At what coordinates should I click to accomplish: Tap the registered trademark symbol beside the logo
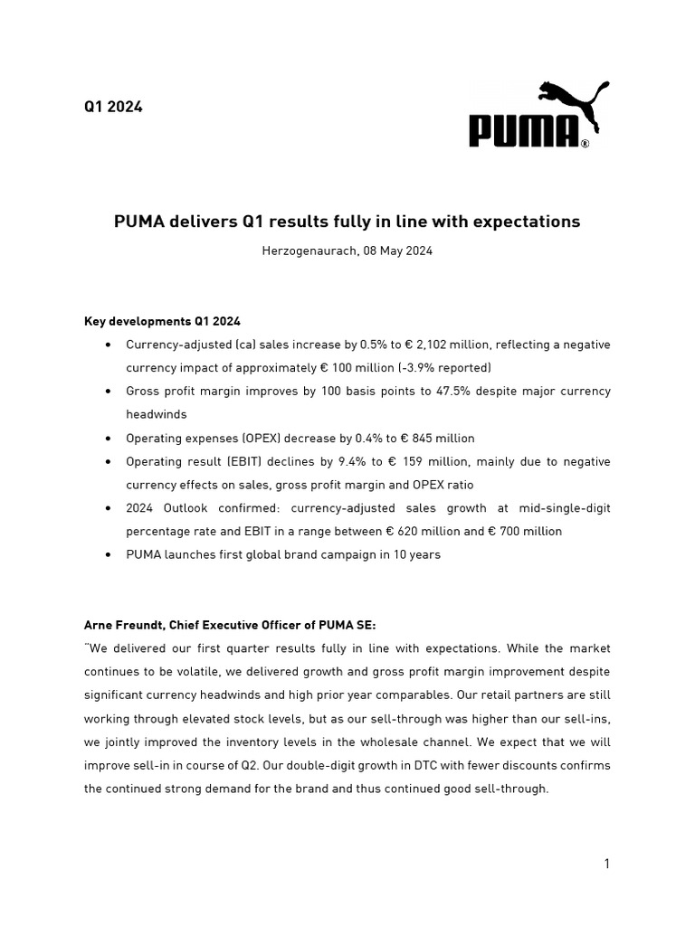point(585,143)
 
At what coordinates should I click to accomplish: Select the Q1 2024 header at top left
point(113,107)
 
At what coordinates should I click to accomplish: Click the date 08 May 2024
point(397,250)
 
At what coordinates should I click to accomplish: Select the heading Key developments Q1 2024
point(162,321)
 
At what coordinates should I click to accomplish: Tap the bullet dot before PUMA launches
point(109,554)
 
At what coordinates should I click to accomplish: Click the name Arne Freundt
point(123,625)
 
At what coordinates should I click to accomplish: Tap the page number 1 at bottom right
point(606,864)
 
